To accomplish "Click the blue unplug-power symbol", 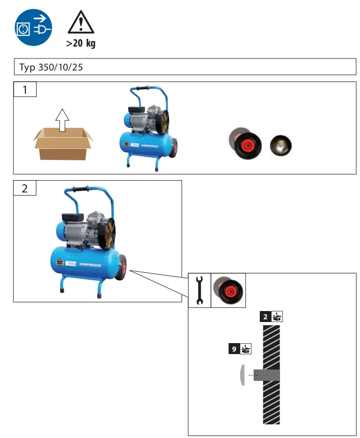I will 33,27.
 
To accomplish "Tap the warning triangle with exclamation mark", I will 81,23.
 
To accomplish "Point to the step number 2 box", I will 25,188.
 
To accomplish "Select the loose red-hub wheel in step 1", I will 248,145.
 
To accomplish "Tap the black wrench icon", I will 200,290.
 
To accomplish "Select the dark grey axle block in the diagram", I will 267,375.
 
